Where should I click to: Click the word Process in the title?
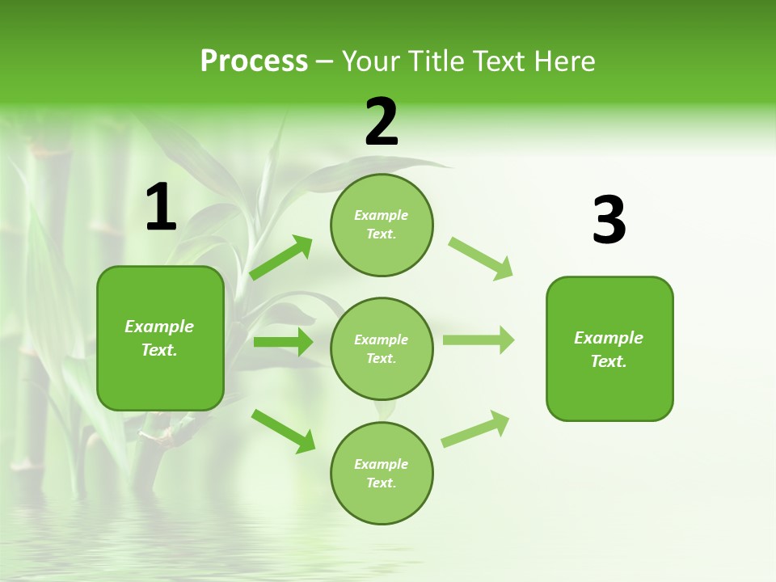click(x=254, y=61)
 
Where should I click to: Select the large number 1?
click(x=161, y=208)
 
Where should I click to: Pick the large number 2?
click(x=382, y=122)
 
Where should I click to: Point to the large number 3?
click(x=609, y=221)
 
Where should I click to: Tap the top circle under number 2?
click(x=382, y=225)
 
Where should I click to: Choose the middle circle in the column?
click(x=382, y=348)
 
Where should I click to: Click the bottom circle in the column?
click(x=382, y=473)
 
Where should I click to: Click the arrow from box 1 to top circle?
click(x=280, y=258)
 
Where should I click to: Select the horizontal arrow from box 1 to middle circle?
click(x=283, y=342)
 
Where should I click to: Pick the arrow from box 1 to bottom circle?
click(x=282, y=430)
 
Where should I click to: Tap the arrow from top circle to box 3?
click(x=481, y=258)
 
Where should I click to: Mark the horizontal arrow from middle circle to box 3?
click(x=479, y=340)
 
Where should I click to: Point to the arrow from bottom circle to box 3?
click(x=475, y=428)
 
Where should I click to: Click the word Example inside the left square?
click(x=159, y=327)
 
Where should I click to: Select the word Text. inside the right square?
click(x=609, y=361)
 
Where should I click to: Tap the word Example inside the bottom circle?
click(x=382, y=464)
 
